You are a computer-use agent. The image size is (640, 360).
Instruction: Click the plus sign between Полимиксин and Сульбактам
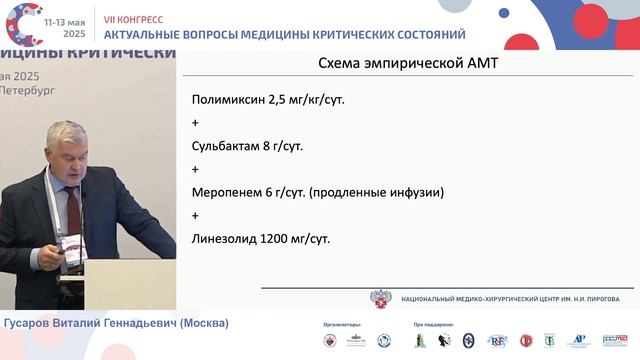pos(195,123)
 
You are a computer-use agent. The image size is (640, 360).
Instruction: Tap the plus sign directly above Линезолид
pos(195,215)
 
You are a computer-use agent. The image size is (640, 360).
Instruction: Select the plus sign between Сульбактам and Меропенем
pos(195,169)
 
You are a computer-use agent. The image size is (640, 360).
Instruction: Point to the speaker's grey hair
pos(68,135)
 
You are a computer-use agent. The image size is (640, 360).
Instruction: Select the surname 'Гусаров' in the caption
pos(31,323)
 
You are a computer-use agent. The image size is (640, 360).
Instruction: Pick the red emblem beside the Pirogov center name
pos(381,298)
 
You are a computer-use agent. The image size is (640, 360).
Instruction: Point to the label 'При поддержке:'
pos(432,326)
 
